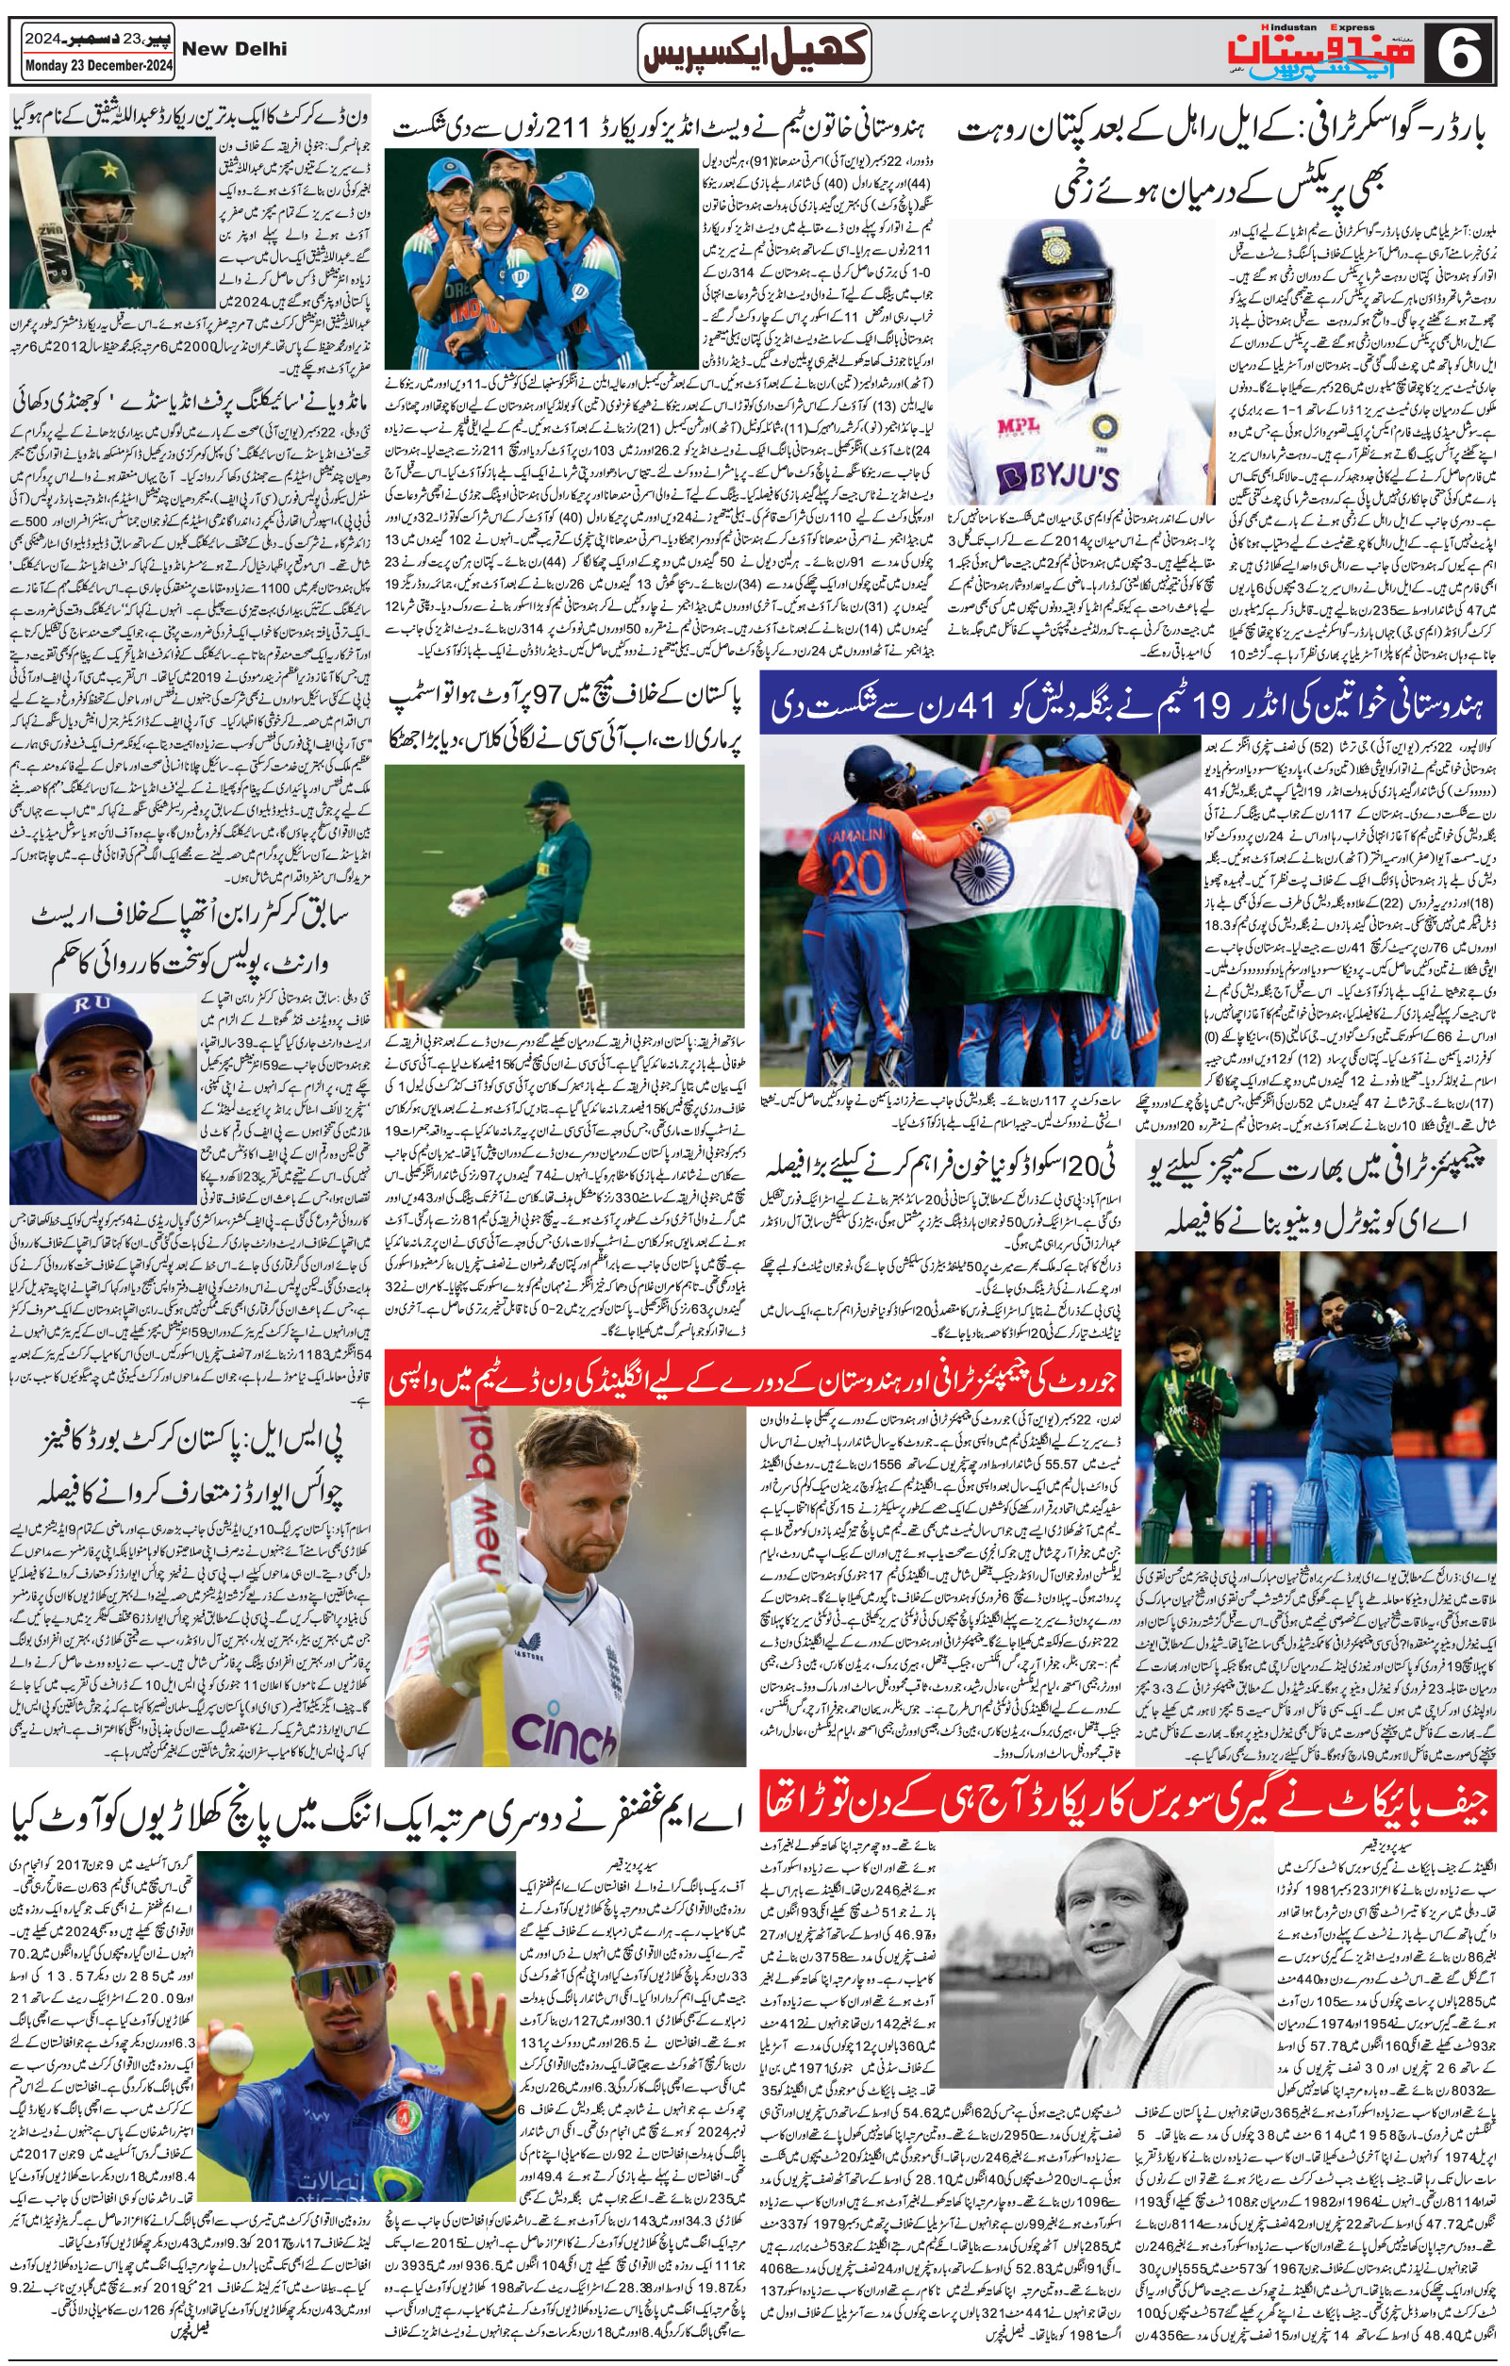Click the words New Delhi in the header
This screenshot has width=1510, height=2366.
click(x=235, y=48)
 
